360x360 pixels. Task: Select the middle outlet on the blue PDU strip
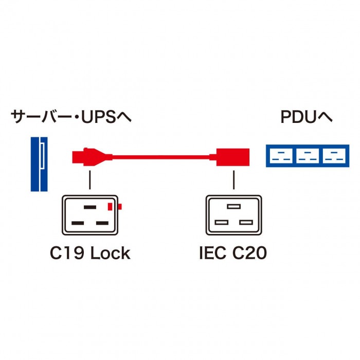point(307,155)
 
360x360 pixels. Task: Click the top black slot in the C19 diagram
point(90,207)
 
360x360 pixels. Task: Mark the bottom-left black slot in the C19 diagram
point(79,223)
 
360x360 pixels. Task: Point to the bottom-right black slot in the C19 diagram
point(101,223)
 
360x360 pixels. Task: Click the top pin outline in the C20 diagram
point(234,207)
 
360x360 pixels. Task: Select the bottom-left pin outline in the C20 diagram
point(223,223)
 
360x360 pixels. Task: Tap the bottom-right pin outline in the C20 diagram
point(245,223)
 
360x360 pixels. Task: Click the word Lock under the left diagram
point(111,254)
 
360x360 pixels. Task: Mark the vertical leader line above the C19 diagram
point(90,179)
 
